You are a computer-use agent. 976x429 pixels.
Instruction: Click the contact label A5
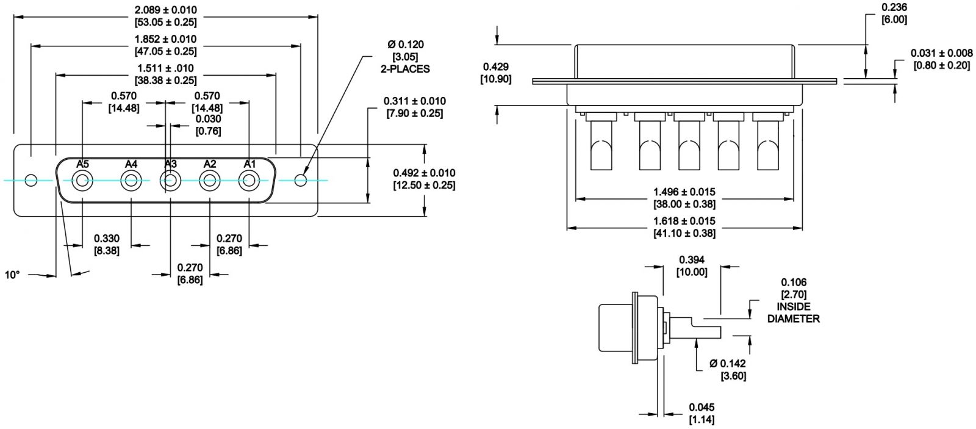[82, 164]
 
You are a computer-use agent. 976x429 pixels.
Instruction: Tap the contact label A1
[249, 164]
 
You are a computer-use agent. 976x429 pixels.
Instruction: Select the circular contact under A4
[131, 181]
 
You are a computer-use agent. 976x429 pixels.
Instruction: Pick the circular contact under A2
[210, 181]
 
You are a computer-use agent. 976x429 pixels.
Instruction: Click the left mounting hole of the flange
[31, 180]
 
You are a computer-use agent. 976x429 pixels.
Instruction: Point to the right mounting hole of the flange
[301, 180]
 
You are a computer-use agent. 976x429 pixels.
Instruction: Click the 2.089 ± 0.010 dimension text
[165, 10]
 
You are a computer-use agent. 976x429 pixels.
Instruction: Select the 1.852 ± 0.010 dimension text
[165, 39]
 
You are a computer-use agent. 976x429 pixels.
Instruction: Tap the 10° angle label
[12, 275]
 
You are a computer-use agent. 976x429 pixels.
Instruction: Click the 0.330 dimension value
[107, 239]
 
